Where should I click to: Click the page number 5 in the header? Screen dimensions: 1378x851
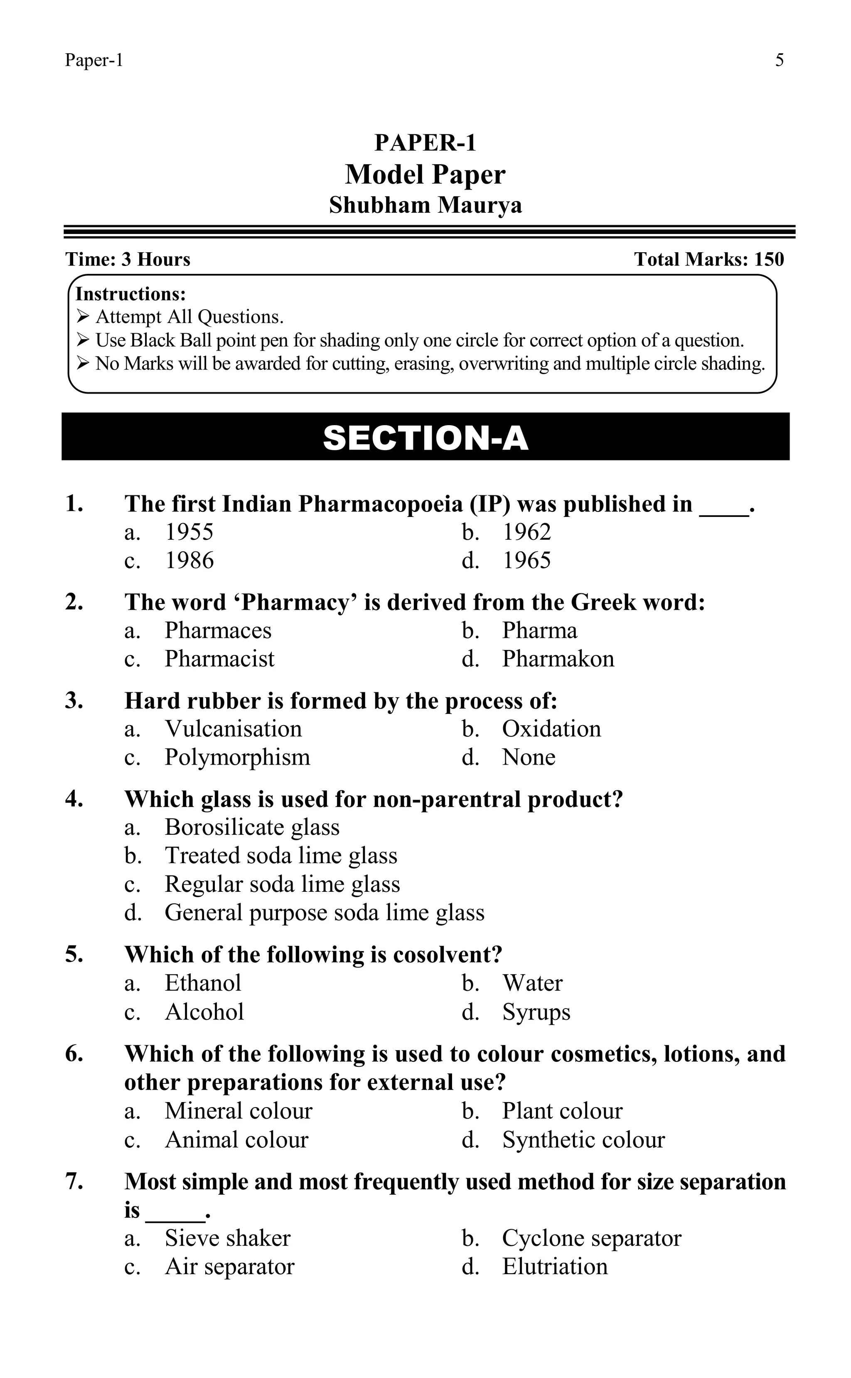779,60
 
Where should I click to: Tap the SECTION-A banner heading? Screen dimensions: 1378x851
425,438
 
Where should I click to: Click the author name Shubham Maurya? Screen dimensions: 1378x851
425,205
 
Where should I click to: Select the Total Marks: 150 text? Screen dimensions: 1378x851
708,259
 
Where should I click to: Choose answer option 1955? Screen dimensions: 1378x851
189,532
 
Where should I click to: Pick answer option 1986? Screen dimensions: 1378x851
189,561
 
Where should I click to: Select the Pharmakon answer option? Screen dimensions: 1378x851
558,659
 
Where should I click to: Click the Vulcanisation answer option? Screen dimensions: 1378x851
233,729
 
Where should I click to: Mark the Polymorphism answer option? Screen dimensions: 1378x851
237,757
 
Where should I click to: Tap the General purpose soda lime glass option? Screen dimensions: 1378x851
324,913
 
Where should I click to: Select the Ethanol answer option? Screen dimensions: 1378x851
203,983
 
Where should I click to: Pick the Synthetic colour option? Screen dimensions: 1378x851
583,1140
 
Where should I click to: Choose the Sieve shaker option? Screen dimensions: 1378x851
227,1238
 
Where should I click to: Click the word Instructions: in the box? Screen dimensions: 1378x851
130,294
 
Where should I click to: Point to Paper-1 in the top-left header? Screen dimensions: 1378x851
94,60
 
